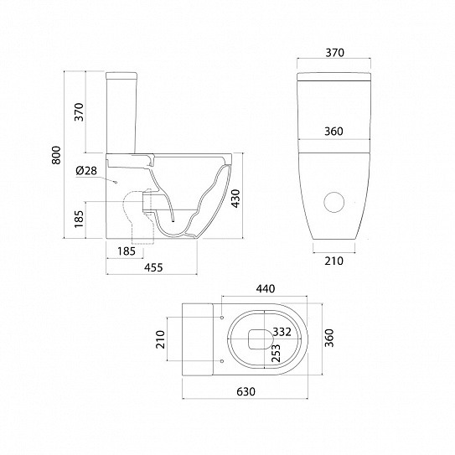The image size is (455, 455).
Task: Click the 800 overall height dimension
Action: (x=56, y=155)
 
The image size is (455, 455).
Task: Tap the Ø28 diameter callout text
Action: (x=86, y=171)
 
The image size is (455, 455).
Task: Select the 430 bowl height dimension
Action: (x=236, y=199)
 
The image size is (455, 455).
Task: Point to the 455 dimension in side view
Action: (x=153, y=267)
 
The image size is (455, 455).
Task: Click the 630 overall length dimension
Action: (x=246, y=392)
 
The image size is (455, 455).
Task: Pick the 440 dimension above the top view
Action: (x=266, y=289)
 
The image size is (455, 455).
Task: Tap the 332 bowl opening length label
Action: (x=282, y=332)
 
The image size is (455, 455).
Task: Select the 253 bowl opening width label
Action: (x=276, y=353)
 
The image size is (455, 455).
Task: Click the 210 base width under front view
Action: (x=333, y=261)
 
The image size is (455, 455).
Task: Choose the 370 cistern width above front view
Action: (x=334, y=53)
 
